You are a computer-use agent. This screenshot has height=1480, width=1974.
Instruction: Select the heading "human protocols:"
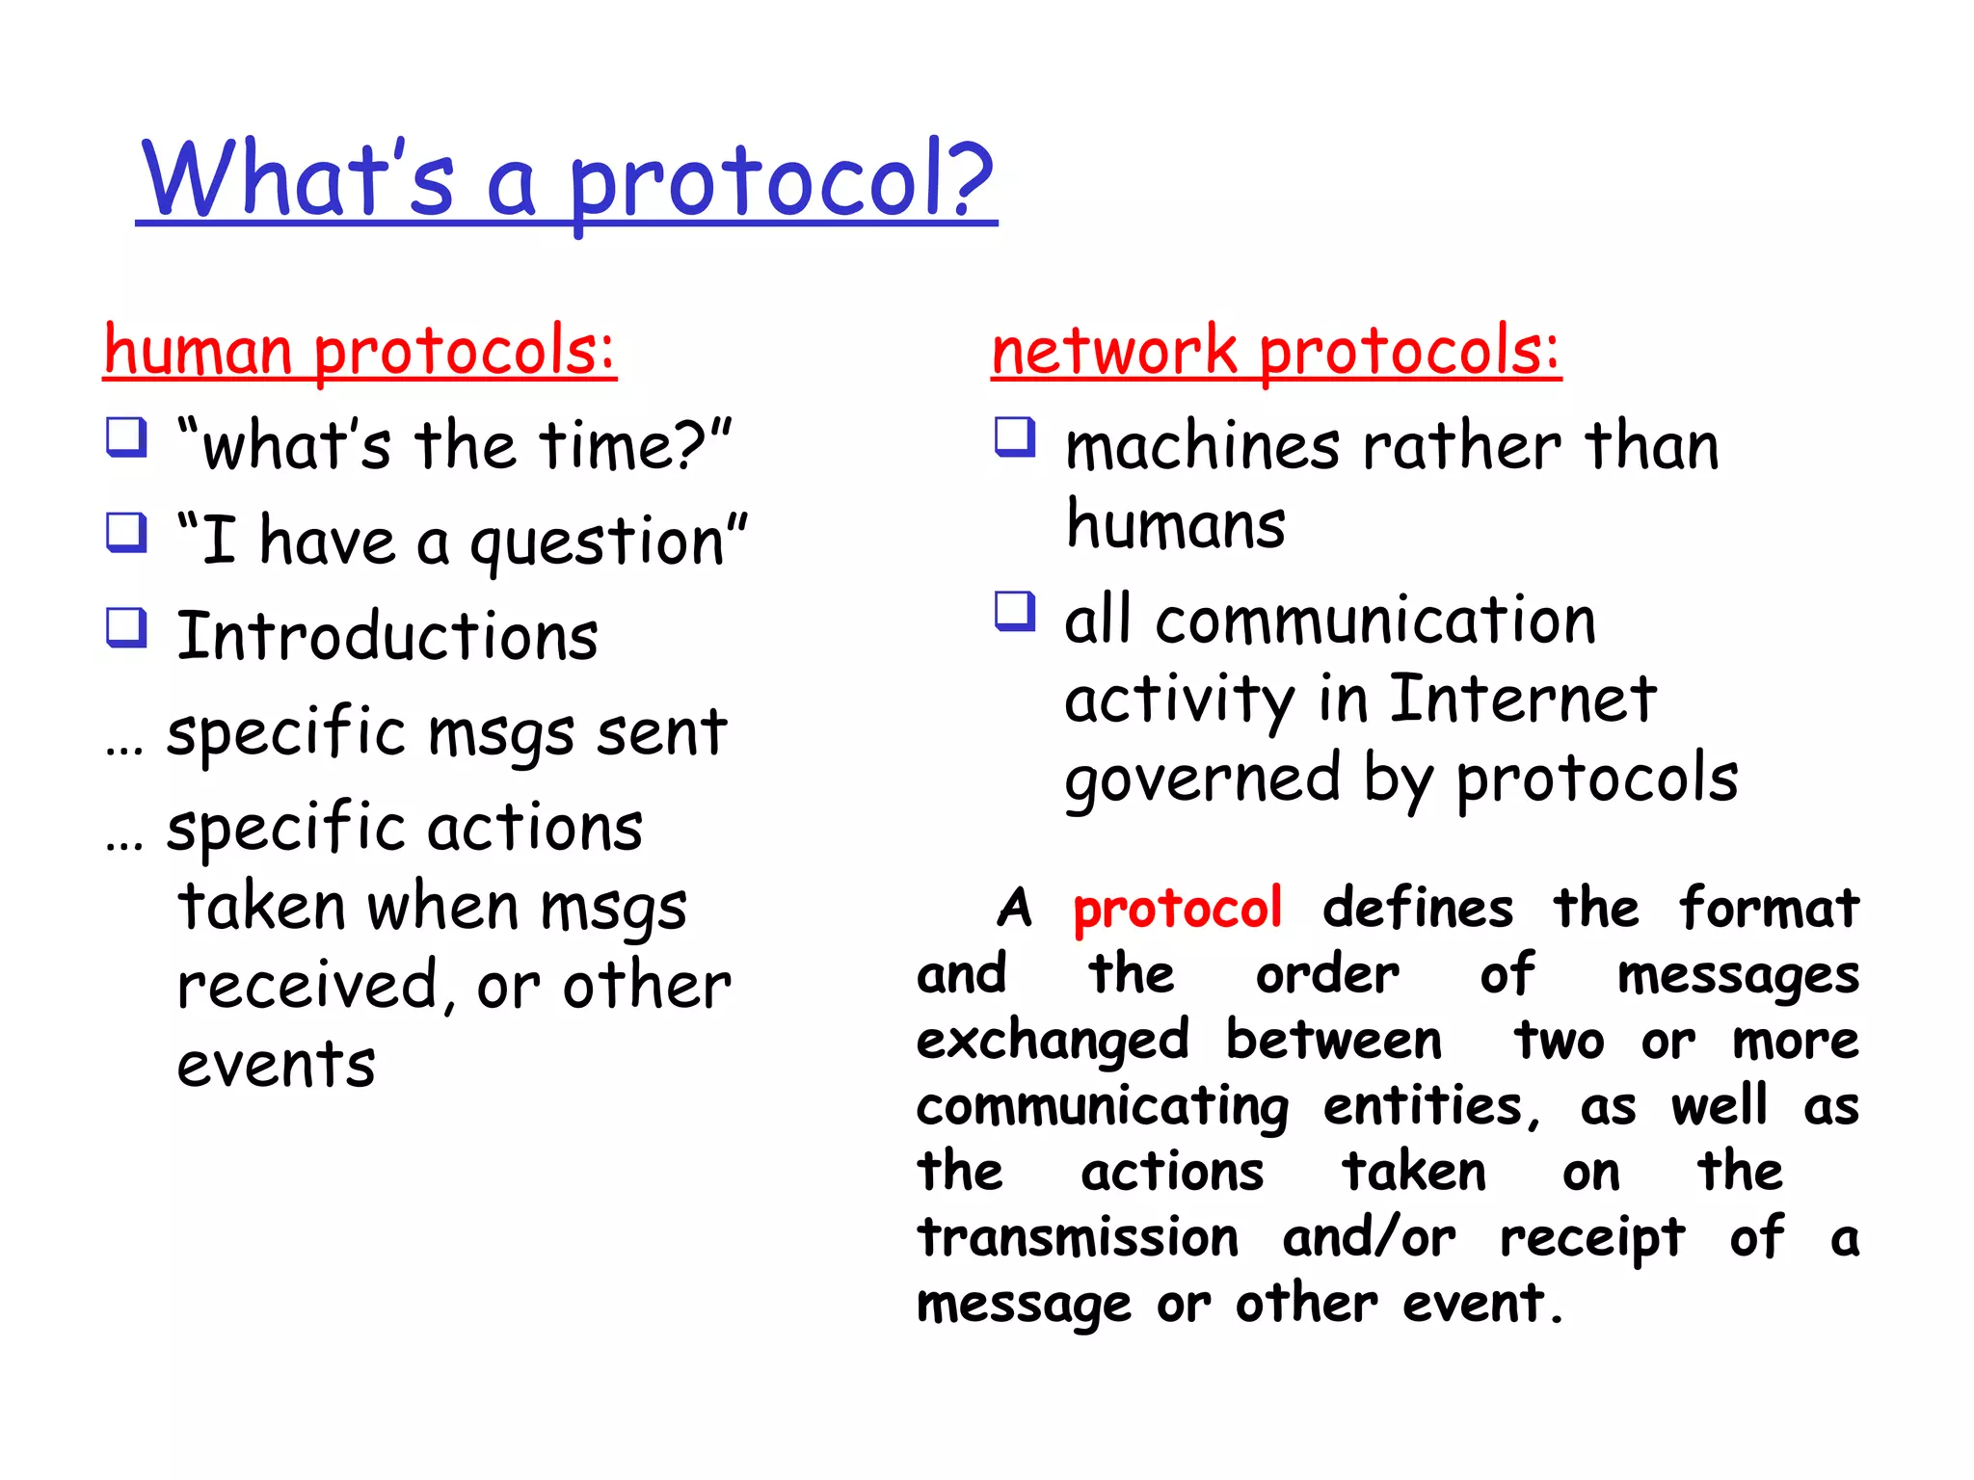pos(359,351)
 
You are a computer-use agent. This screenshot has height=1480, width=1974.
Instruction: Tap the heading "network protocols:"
pos(1275,351)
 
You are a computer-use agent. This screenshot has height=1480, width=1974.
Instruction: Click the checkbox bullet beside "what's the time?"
pos(126,437)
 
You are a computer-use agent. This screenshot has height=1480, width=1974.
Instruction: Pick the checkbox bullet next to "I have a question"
pos(126,533)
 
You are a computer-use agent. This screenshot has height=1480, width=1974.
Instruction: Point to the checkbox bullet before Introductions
pos(126,628)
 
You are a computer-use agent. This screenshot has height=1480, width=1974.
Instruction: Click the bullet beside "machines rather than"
pos(1015,437)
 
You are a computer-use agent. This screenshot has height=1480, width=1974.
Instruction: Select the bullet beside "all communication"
pos(1015,612)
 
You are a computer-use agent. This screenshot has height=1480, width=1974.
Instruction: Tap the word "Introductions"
pos(387,637)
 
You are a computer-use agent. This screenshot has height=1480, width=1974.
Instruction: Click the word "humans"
pos(1175,526)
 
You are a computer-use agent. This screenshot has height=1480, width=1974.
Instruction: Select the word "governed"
pos(1202,780)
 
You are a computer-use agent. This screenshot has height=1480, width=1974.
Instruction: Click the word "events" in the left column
pos(276,1066)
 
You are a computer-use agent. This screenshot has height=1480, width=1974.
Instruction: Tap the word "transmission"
pos(1077,1238)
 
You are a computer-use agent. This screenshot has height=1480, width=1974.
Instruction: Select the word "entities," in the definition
pos(1431,1107)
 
